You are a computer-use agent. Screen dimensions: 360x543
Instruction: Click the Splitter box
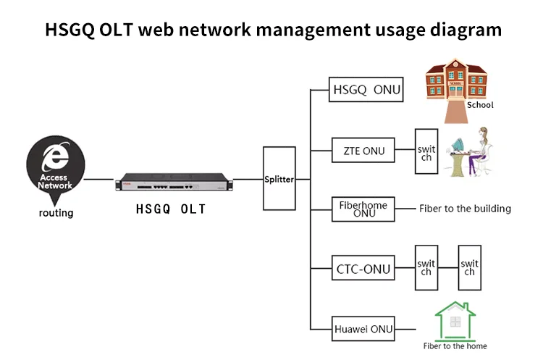click(x=279, y=179)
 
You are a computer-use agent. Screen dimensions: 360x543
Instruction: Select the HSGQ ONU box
click(x=365, y=90)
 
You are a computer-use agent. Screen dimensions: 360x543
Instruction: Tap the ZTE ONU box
click(x=364, y=151)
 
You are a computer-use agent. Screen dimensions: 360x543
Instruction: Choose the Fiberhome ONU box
click(x=363, y=209)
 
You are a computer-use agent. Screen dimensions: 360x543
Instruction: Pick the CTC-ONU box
click(x=363, y=270)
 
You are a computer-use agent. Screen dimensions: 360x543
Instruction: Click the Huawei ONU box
click(x=363, y=329)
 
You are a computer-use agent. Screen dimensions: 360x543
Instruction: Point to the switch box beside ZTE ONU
click(x=426, y=152)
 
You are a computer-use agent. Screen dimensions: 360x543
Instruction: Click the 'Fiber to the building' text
click(x=465, y=209)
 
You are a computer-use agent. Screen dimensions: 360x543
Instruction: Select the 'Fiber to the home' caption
click(x=454, y=346)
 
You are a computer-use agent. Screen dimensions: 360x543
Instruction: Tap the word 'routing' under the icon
click(x=56, y=213)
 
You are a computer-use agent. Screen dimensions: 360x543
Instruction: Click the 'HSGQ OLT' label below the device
click(x=171, y=209)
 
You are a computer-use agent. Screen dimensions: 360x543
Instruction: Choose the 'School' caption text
click(x=480, y=105)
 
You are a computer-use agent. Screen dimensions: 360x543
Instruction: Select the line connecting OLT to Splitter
click(x=245, y=179)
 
